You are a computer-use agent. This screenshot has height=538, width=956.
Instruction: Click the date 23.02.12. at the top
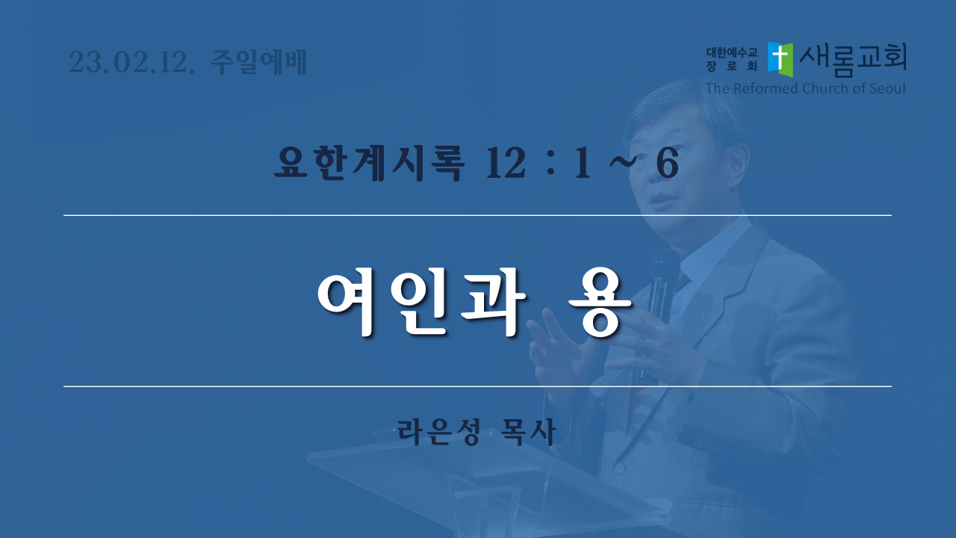131,62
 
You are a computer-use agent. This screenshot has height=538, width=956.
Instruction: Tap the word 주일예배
258,62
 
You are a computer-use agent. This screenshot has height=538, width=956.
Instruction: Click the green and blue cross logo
780,59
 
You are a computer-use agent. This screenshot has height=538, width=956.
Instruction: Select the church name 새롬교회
853,60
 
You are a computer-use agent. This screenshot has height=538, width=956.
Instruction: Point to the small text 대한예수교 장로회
731,59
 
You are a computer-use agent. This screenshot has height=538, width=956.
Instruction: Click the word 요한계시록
369,164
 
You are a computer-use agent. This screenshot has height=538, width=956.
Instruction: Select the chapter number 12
506,164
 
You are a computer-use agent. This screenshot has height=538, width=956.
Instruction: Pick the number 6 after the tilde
667,164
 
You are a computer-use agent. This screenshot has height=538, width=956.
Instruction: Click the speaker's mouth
659,199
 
